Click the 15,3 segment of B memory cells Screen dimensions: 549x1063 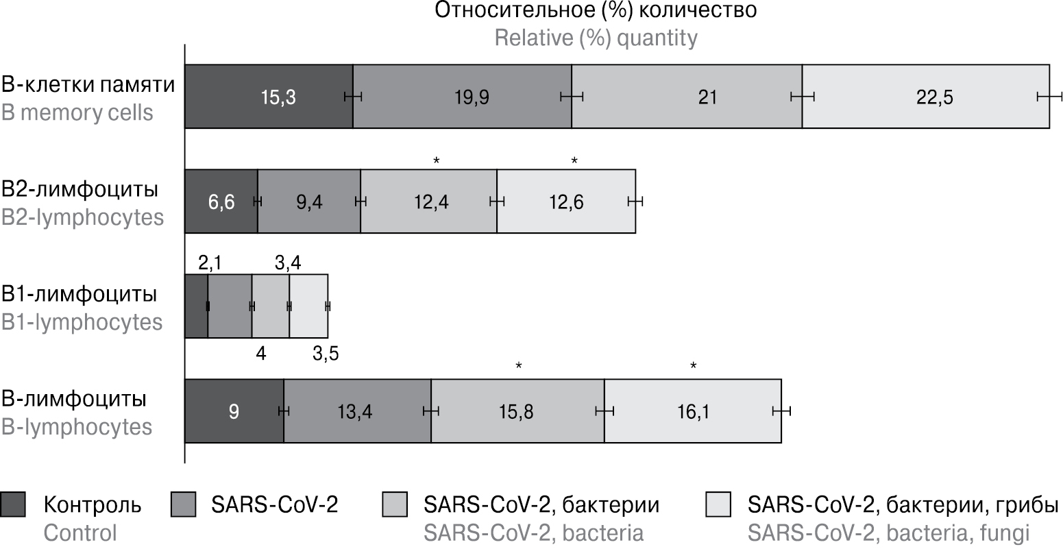[x=269, y=97]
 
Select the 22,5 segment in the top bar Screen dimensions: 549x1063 [x=925, y=97]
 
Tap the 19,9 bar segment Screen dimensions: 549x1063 [x=462, y=97]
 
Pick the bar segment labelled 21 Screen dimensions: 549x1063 [x=687, y=97]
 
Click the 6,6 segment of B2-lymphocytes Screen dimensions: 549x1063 [x=221, y=202]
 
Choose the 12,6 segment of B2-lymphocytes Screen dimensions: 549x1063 [x=566, y=202]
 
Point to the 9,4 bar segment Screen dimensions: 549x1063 [x=309, y=202]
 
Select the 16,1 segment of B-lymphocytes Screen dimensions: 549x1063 [x=692, y=411]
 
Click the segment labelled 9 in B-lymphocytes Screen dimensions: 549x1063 [x=234, y=411]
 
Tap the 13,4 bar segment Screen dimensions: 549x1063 [x=357, y=411]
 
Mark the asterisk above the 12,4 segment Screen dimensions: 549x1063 [x=437, y=160]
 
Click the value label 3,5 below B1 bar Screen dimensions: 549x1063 [x=326, y=354]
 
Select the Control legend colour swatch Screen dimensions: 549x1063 [x=14, y=504]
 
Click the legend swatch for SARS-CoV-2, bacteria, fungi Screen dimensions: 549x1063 [x=720, y=504]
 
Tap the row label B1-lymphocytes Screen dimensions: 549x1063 [x=82, y=321]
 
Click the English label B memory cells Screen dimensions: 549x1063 [x=77, y=112]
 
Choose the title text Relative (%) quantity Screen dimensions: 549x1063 [x=596, y=37]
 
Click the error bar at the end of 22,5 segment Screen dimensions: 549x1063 [x=1049, y=97]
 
